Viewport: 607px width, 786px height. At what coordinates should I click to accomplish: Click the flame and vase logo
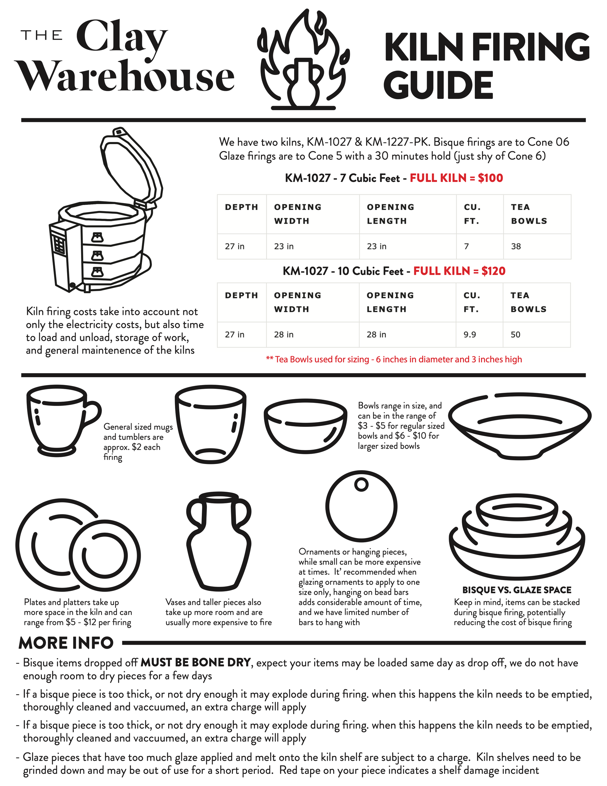pyautogui.click(x=303, y=59)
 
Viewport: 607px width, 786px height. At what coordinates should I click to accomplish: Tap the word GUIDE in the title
pyautogui.click(x=438, y=85)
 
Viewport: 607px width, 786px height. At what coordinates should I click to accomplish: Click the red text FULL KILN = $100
pyautogui.click(x=456, y=178)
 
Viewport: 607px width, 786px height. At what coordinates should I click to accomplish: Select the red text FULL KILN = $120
pyautogui.click(x=459, y=271)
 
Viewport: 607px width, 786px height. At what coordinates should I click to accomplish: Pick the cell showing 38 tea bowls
pyautogui.click(x=537, y=247)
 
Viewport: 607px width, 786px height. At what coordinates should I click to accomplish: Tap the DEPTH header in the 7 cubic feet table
pyautogui.click(x=241, y=207)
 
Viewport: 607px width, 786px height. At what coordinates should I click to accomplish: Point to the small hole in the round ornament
pyautogui.click(x=361, y=484)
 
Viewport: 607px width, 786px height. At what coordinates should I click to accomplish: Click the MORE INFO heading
pyautogui.click(x=66, y=643)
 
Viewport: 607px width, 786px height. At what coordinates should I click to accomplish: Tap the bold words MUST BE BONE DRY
pyautogui.click(x=195, y=662)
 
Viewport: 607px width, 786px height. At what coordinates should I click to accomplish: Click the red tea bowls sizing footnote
pyautogui.click(x=394, y=359)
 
